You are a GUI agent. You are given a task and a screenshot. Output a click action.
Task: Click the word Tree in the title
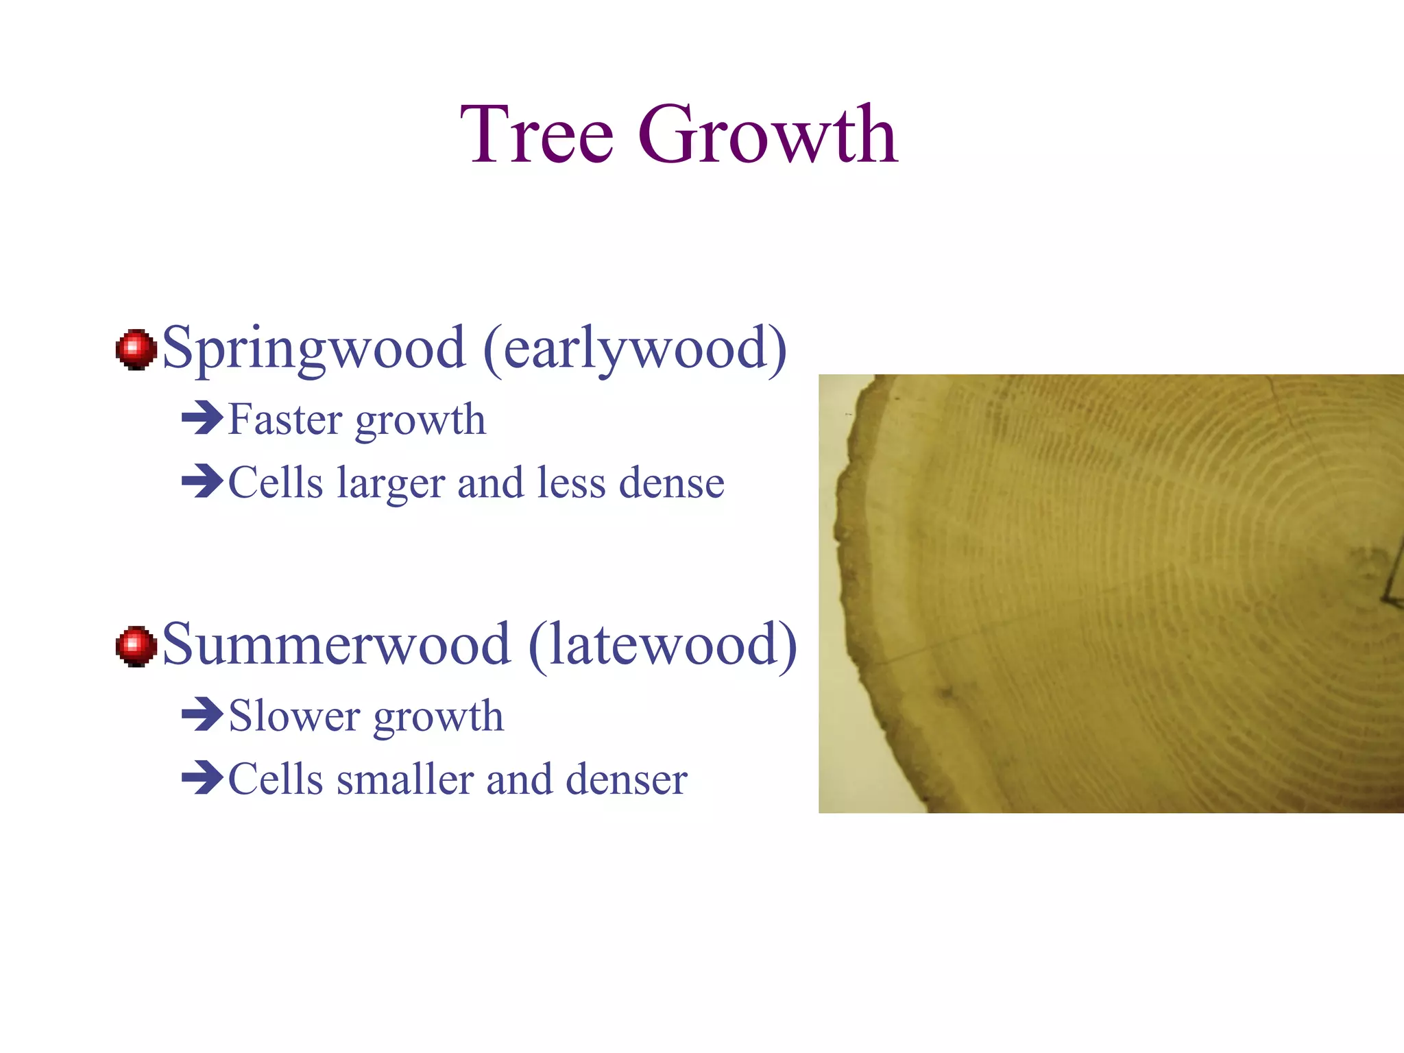536,134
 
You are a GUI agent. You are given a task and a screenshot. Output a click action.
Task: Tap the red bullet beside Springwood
136,349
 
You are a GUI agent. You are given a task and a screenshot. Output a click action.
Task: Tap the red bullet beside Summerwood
136,646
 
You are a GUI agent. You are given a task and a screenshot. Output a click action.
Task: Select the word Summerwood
336,644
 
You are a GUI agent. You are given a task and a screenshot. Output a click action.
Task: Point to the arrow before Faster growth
202,418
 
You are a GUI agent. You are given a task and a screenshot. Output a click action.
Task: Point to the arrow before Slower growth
202,714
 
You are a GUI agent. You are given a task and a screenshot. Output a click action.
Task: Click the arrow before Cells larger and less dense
202,481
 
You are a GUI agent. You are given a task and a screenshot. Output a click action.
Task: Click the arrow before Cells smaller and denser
202,778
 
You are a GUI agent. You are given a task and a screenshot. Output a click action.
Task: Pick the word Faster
285,419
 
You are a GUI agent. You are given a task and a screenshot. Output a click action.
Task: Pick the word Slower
294,716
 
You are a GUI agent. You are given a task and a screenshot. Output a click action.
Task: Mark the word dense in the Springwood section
671,483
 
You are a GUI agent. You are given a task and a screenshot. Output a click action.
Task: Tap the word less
571,483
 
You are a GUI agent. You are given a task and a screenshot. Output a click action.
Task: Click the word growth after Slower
439,717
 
